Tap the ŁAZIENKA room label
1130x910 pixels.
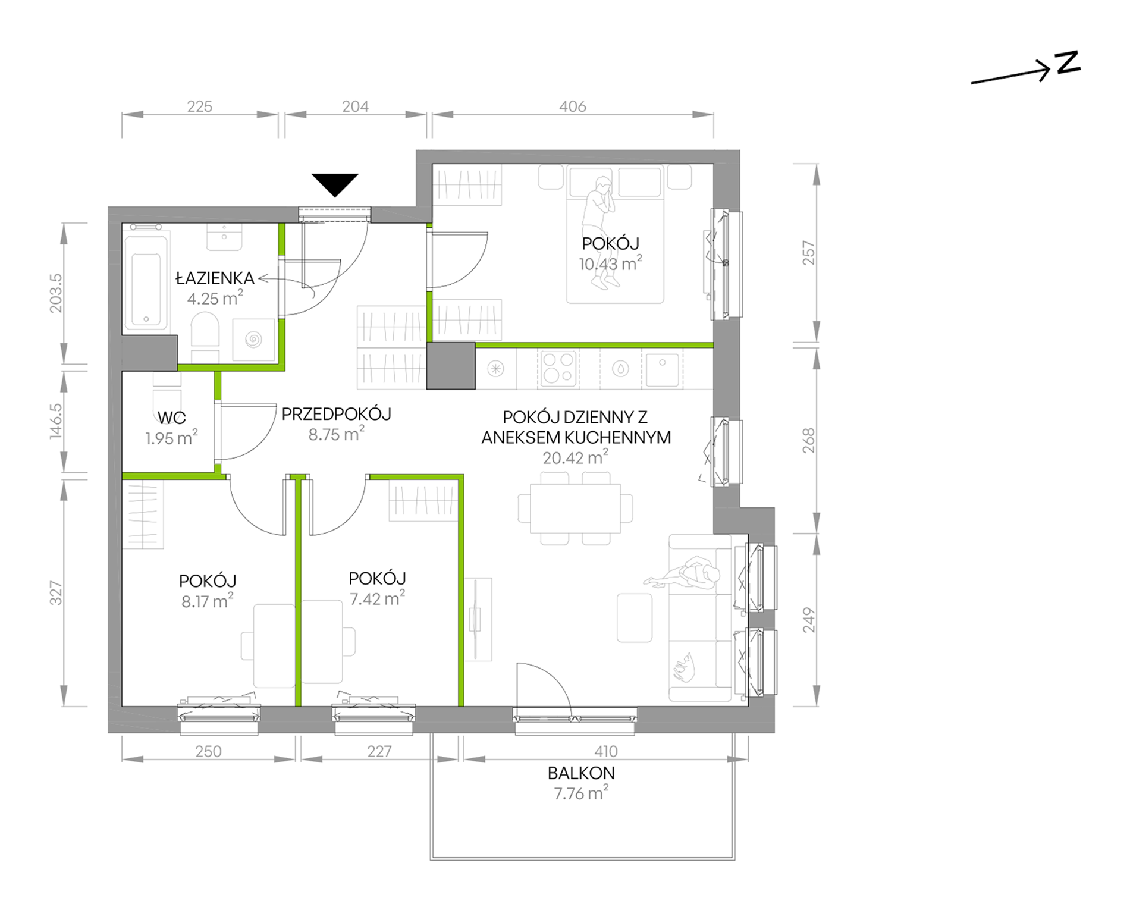tap(215, 278)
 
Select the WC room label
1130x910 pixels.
tap(171, 418)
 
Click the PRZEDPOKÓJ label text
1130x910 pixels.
tap(336, 413)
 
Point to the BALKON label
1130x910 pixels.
tap(581, 773)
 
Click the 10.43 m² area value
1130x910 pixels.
tap(611, 263)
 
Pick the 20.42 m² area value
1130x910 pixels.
tap(575, 457)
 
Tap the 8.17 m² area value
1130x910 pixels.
tap(207, 601)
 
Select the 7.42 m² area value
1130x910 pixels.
tap(377, 598)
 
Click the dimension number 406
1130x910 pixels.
tap(573, 106)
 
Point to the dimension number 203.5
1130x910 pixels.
tap(56, 293)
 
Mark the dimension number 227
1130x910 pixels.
tap(379, 751)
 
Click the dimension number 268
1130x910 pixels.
tap(809, 441)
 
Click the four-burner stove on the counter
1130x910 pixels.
tap(557, 368)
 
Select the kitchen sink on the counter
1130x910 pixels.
tap(662, 369)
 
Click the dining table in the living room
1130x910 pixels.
tap(576, 508)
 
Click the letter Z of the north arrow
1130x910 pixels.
tap(1068, 62)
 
